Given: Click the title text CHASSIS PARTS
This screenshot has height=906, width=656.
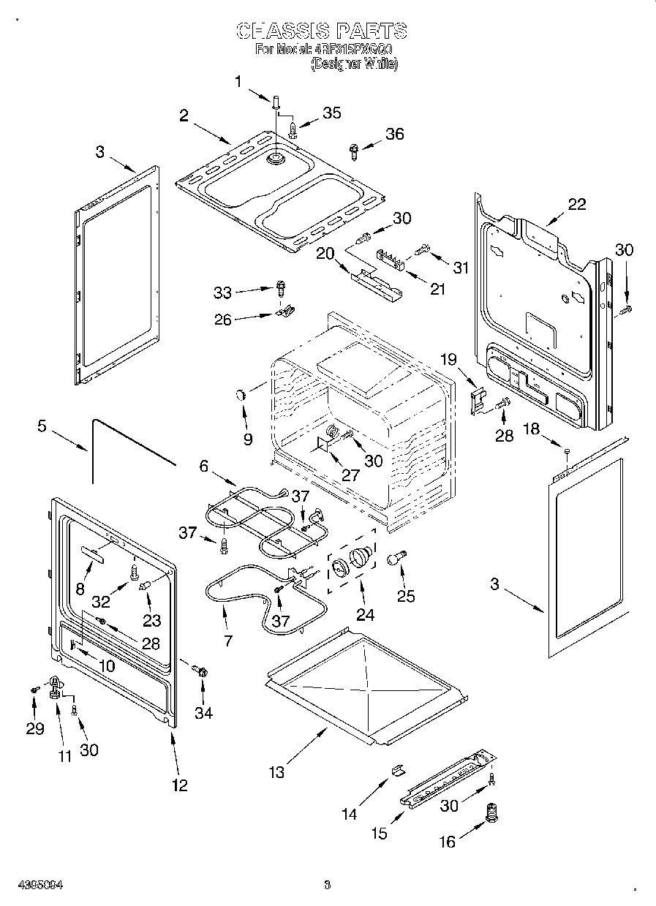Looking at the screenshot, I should click(x=321, y=31).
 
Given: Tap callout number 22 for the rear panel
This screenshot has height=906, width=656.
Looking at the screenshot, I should click(x=577, y=204).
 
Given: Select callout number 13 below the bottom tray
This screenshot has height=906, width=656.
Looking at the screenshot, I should click(x=276, y=771).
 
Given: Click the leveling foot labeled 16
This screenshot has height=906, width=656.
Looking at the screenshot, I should click(x=491, y=812).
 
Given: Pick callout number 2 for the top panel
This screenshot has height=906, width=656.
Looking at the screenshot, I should click(x=184, y=115).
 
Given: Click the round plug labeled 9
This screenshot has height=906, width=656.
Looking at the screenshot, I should click(x=241, y=395).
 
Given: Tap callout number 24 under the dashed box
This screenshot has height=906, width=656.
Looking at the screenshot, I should click(x=365, y=615).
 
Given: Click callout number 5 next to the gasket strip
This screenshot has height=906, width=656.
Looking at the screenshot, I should click(x=42, y=426).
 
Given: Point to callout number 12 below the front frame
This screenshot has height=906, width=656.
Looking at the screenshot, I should click(x=180, y=785).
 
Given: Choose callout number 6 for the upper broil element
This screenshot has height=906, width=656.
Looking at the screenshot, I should click(x=203, y=464).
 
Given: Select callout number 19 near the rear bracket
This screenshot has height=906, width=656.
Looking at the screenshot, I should click(x=448, y=359).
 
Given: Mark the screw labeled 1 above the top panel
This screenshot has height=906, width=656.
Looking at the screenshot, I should click(x=276, y=102).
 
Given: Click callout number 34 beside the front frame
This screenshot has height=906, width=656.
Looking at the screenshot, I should click(x=203, y=713).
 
